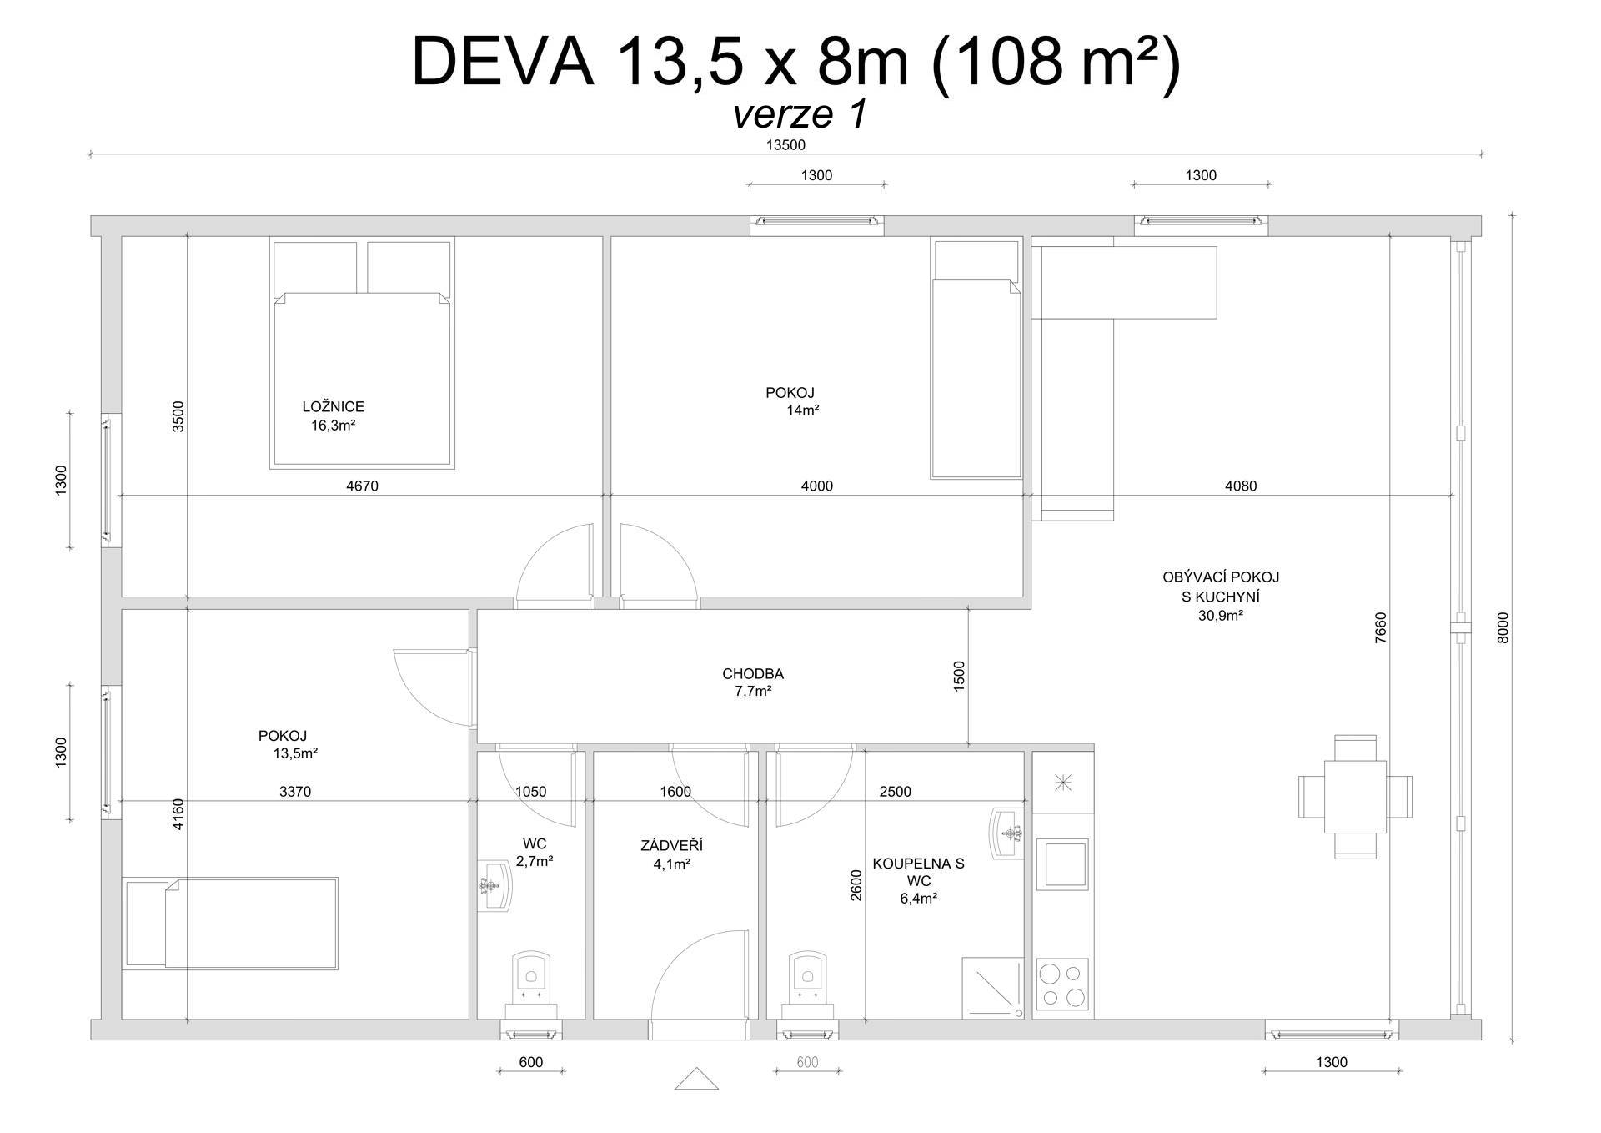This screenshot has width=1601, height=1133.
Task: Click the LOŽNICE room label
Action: point(333,407)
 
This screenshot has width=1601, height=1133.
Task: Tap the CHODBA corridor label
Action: point(753,674)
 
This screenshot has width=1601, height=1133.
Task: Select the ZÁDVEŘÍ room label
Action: point(671,846)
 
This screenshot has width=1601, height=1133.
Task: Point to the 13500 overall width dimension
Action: point(785,144)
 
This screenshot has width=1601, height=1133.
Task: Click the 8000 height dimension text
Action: point(1503,627)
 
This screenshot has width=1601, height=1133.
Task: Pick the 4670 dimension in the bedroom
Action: point(362,486)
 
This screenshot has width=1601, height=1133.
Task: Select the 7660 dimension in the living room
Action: point(1380,628)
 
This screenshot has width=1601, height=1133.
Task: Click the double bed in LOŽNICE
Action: point(362,354)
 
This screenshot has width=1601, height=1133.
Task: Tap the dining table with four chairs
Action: point(1355,797)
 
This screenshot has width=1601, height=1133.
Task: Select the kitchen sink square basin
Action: point(1062,864)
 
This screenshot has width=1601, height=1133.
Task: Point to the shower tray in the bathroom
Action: point(993,988)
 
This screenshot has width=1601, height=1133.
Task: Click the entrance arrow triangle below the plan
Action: point(696,1079)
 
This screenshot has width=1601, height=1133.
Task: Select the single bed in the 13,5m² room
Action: point(230,923)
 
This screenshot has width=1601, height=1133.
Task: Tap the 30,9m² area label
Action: point(1220,617)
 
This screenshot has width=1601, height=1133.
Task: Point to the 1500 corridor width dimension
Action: point(959,676)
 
